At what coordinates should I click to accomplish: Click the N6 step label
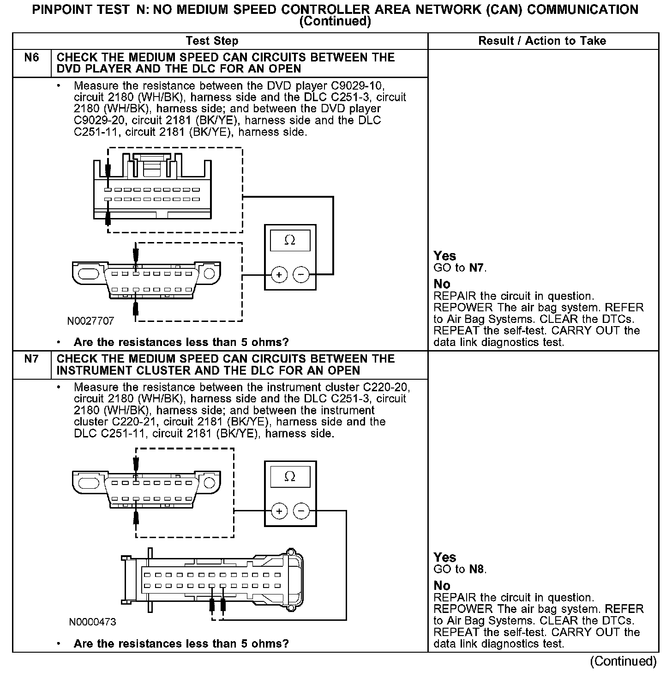coord(31,58)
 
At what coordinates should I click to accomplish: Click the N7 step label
coord(31,359)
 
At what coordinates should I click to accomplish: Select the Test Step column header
coord(212,41)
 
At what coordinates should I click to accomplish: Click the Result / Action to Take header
coord(542,41)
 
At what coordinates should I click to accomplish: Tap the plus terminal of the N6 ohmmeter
coord(279,275)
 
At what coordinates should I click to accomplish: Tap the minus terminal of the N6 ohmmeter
coord(301,275)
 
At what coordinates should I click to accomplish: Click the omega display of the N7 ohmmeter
coord(290,477)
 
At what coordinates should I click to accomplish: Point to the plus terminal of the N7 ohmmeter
coord(279,511)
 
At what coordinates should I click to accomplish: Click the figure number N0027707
coord(90,321)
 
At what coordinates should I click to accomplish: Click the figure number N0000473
coord(93,622)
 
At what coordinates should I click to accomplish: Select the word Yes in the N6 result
coord(444,256)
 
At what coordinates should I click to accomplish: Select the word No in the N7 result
coord(442,586)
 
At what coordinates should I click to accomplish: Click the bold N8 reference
coord(477,569)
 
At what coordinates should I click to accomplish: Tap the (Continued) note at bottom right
coord(623,661)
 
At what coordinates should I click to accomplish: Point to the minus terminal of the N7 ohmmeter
coord(301,511)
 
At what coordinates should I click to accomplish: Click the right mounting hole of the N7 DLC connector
coord(210,483)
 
